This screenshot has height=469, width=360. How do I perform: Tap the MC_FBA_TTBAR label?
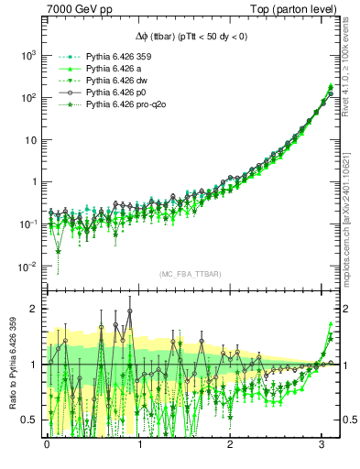click(190, 275)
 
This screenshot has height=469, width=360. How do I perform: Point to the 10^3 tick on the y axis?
click(28, 55)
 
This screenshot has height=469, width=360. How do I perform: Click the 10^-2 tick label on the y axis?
click(28, 267)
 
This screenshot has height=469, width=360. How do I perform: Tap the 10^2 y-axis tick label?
click(28, 97)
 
